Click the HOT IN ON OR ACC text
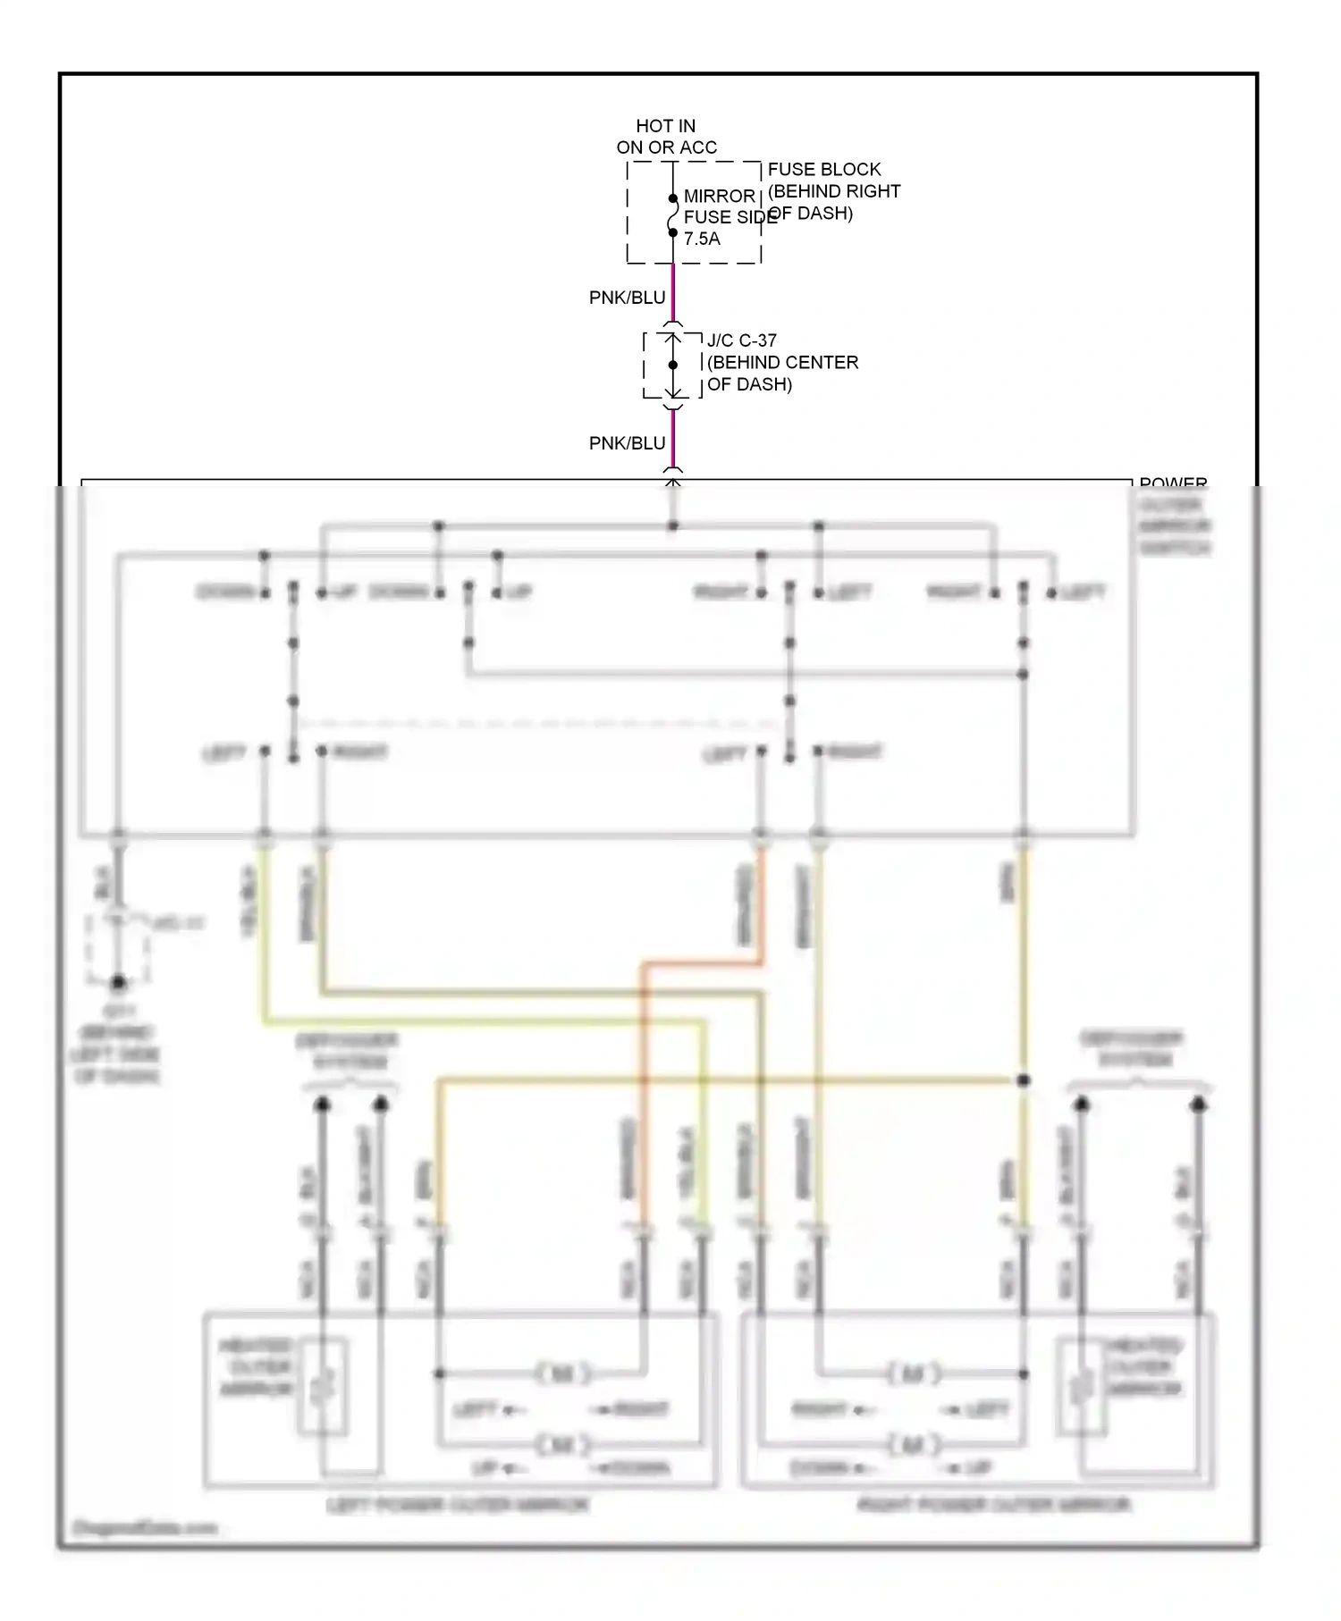pos(666,137)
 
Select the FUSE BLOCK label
pos(823,169)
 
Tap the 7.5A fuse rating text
pos(702,239)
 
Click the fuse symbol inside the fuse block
pos(672,215)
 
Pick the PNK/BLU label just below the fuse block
pos(627,298)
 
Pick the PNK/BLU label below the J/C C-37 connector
pos(627,443)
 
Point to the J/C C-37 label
pos(741,340)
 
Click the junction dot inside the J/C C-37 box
pos(672,365)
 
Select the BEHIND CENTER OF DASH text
pos(781,374)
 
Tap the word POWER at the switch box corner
pos(1173,483)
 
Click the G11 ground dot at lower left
pos(118,983)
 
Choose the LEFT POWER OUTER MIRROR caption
pos(457,1505)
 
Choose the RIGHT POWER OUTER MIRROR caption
pos(994,1505)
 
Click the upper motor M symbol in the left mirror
pos(562,1373)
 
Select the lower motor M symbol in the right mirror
pos(913,1444)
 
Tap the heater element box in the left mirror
pos(322,1388)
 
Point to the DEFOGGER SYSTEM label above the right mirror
pos(1132,1049)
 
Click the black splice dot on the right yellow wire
pos(1024,1080)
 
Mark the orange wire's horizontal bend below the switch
pos(702,964)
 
